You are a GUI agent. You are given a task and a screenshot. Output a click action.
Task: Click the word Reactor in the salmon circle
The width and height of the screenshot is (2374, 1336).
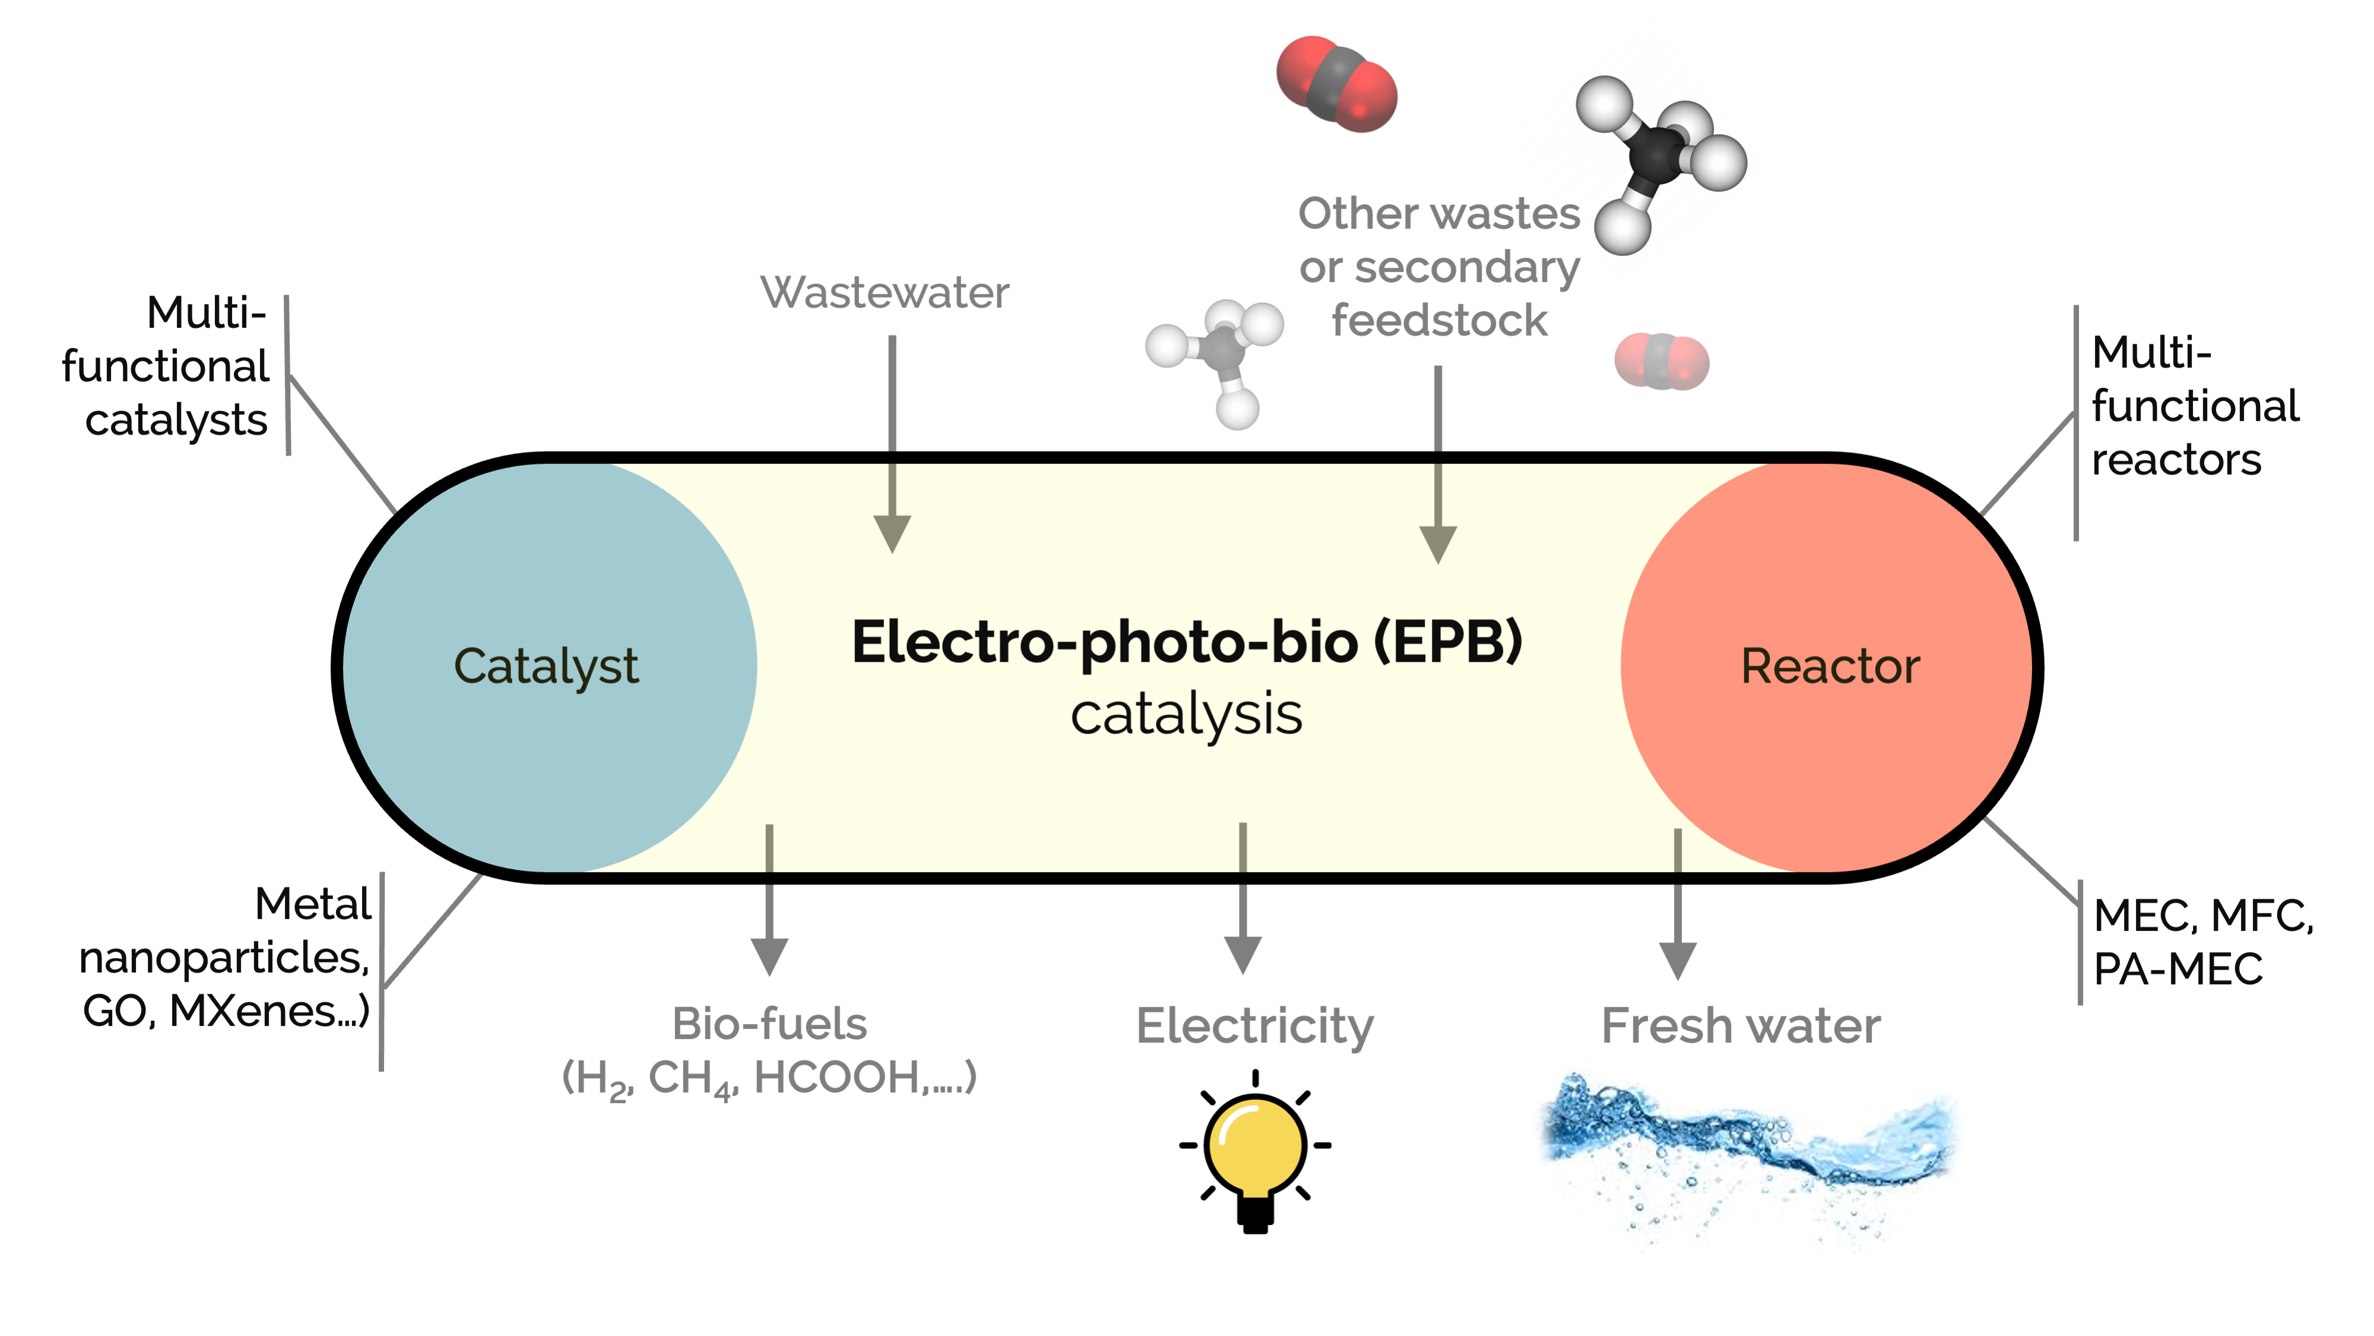point(1830,666)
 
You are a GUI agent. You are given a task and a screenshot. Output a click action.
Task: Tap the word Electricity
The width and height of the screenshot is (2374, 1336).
point(1254,1025)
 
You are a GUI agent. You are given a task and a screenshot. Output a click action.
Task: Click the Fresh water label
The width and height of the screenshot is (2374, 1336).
point(1740,1025)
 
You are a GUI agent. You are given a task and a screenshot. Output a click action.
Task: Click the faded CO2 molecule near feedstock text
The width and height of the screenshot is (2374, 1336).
point(1662,361)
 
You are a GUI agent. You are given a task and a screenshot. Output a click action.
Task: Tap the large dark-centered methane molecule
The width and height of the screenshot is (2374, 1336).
point(1659,157)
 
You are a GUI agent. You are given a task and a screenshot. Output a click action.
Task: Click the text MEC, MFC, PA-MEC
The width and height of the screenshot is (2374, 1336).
point(2202,942)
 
